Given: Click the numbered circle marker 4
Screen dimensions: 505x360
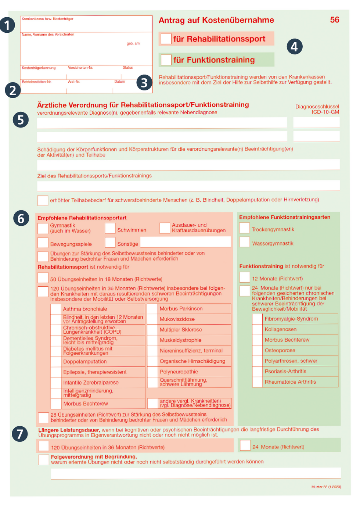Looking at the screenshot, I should [294, 47].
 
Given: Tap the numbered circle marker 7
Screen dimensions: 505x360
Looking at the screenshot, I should [20, 434].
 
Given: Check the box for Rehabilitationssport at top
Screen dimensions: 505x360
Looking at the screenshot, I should [166, 39].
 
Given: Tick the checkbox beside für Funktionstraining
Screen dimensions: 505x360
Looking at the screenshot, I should [166, 60].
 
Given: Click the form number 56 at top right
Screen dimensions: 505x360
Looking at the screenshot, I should [334, 20].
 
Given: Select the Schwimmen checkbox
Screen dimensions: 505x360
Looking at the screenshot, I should [110, 228].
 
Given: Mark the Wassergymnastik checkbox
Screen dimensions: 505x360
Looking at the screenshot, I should [245, 242].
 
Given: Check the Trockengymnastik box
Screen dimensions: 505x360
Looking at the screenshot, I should [245, 228].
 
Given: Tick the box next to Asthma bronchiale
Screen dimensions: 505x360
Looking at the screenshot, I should [56, 309].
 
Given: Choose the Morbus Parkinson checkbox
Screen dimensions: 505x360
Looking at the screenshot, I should [152, 308].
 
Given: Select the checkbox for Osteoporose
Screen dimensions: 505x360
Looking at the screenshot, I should [258, 350].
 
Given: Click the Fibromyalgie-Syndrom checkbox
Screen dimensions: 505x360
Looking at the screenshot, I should [258, 319].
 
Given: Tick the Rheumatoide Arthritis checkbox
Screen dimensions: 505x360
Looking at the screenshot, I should [258, 382].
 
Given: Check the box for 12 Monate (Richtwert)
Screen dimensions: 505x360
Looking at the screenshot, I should [245, 277].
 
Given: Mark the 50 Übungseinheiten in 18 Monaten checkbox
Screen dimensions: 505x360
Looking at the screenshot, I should [43, 278].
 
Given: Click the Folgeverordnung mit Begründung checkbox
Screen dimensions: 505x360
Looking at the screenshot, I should [43, 460].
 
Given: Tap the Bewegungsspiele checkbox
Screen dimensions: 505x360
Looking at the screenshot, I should [43, 243].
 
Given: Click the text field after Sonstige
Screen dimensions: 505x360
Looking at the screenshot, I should [186, 242].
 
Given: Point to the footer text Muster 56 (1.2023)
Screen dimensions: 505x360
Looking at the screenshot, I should [326, 487].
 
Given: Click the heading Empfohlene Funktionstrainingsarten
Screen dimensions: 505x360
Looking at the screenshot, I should [285, 217].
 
